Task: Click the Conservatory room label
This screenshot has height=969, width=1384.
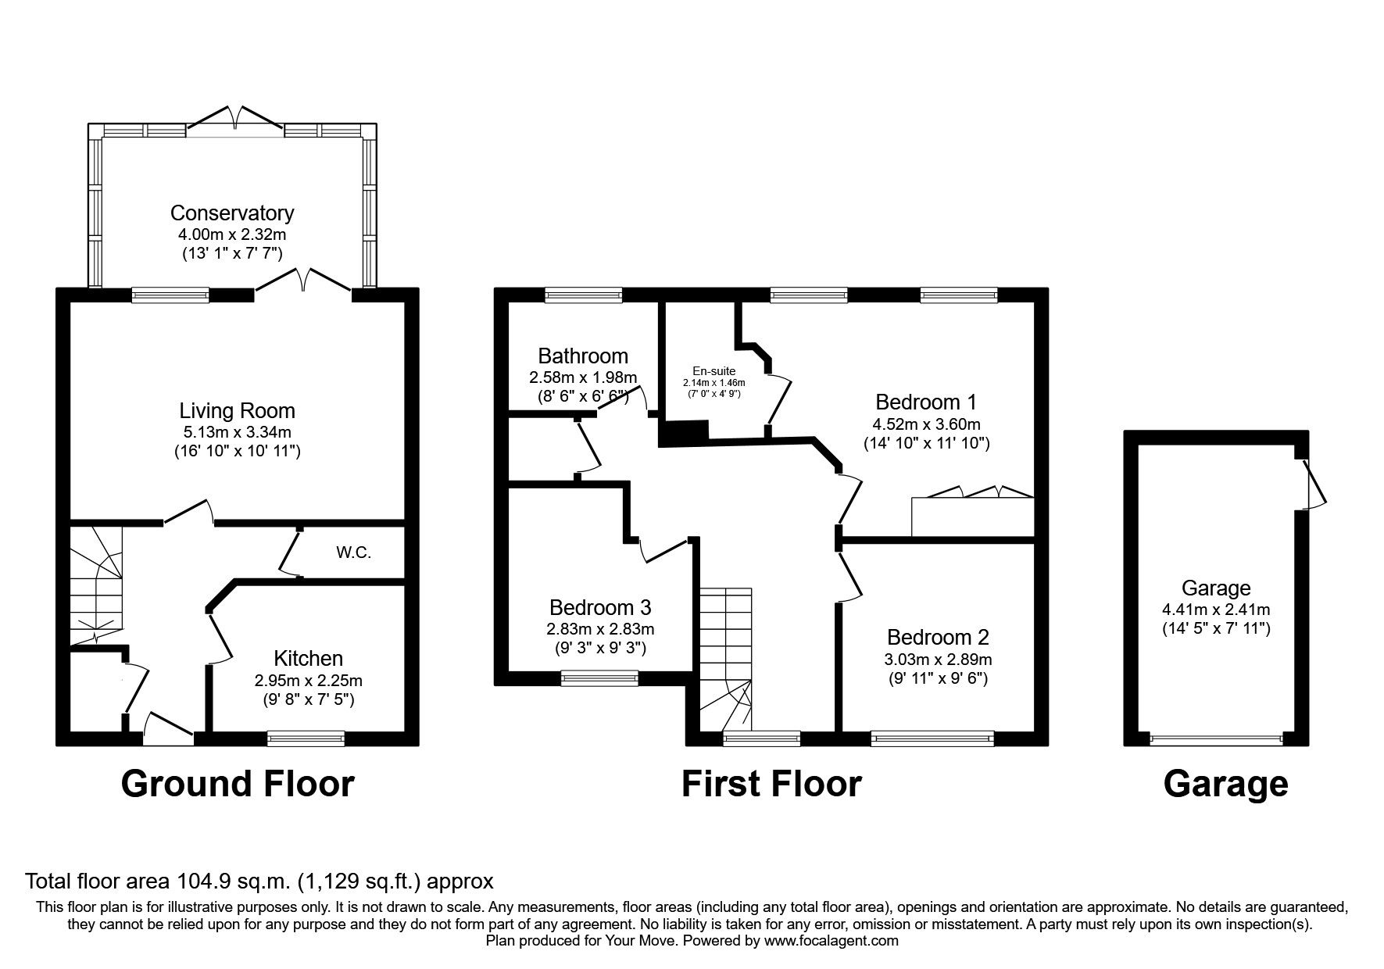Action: (x=232, y=213)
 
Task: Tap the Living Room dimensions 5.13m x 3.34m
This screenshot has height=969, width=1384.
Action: (x=237, y=431)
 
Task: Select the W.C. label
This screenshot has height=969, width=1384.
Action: (x=353, y=552)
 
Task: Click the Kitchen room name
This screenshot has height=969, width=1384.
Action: (x=308, y=658)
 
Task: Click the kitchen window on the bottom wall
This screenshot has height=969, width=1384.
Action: (x=306, y=737)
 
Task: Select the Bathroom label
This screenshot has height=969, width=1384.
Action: (x=582, y=356)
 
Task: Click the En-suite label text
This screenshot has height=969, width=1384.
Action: (x=713, y=371)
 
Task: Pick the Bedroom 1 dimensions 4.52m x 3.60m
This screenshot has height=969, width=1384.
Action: (x=926, y=424)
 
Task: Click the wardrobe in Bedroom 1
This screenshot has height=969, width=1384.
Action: (x=972, y=517)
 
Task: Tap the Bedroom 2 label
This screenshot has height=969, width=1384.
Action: (x=938, y=637)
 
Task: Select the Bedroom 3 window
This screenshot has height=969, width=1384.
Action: (x=599, y=678)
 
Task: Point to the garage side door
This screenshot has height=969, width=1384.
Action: (x=1314, y=484)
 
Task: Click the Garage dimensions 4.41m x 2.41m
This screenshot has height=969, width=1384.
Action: (x=1215, y=609)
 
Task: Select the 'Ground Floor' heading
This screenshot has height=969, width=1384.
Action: (x=238, y=784)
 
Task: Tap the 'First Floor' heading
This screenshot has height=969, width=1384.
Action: (x=771, y=784)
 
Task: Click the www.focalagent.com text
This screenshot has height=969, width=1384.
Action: (x=831, y=941)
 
